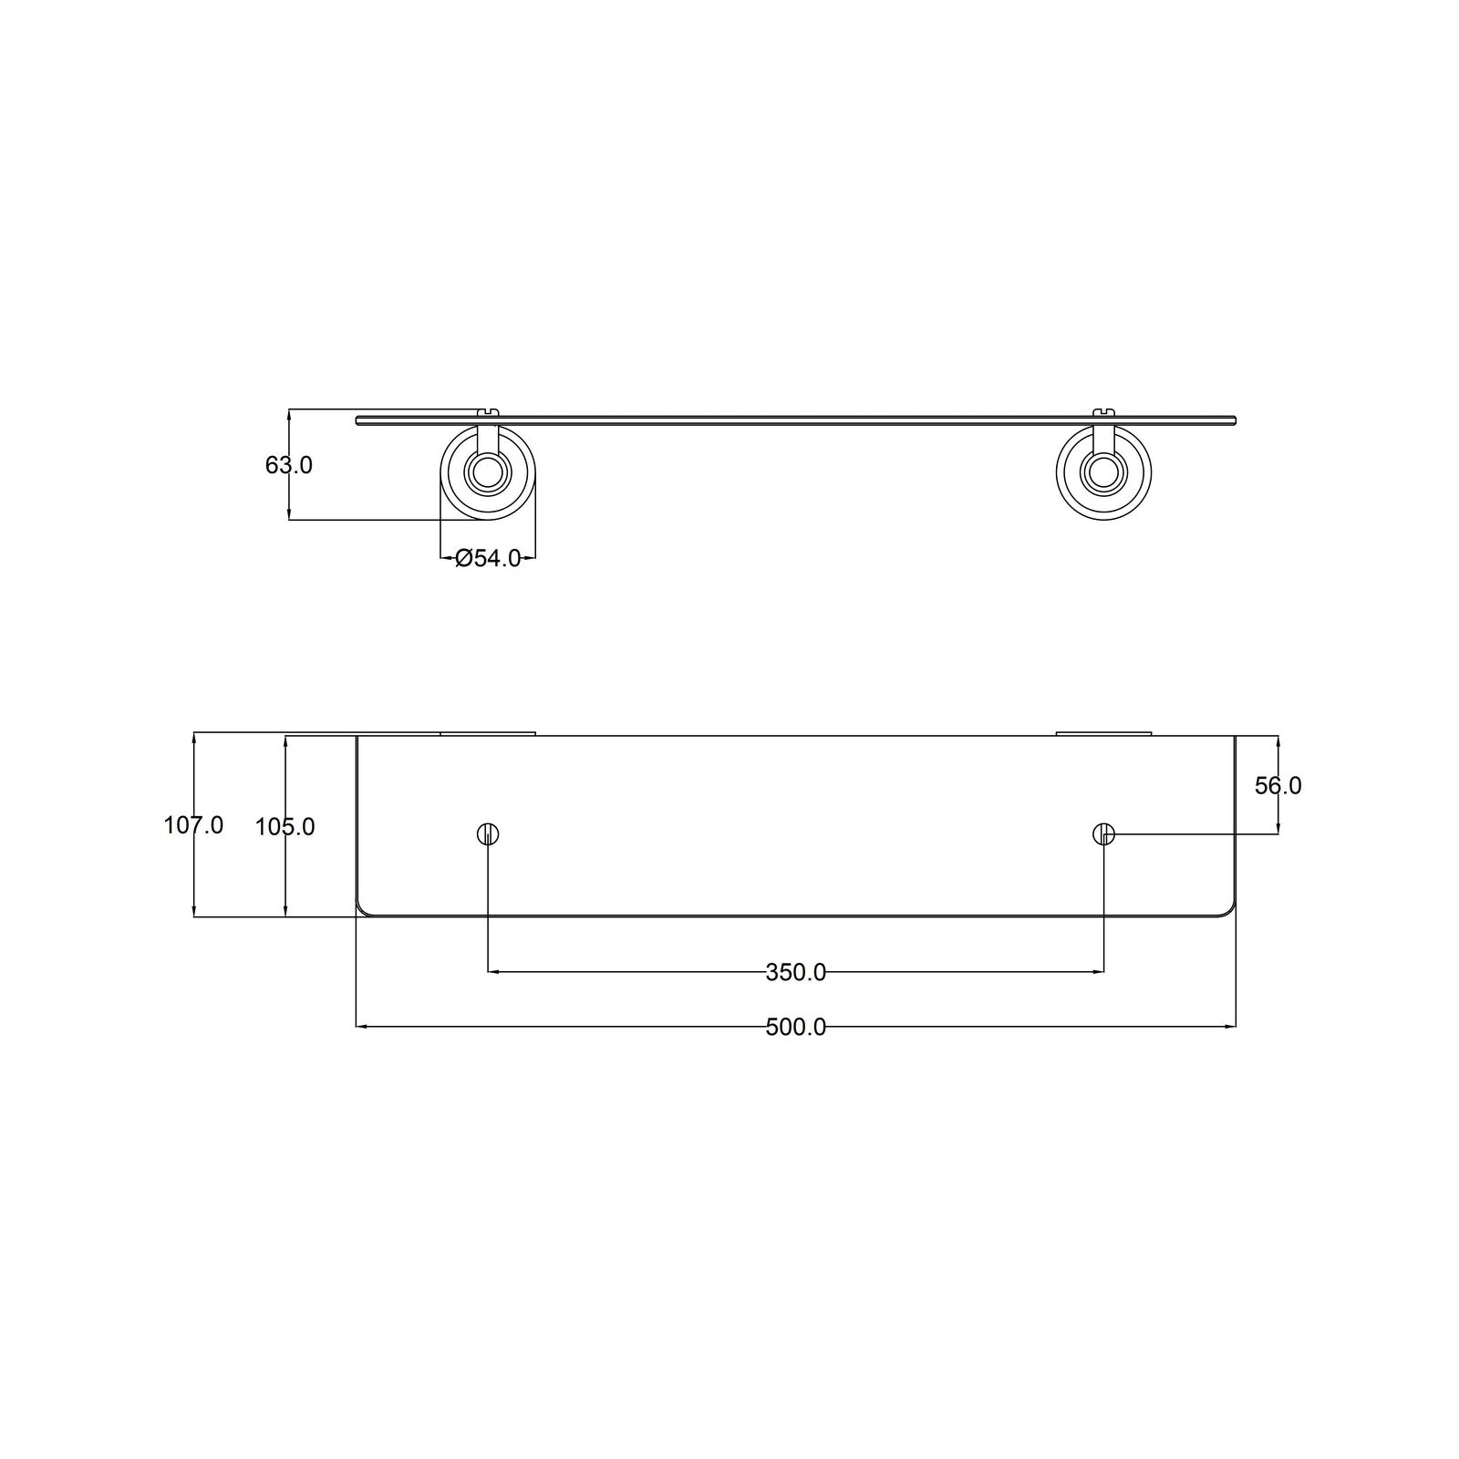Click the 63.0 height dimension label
[x=289, y=465]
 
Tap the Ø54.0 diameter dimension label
[x=488, y=558]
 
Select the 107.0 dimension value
[x=193, y=825]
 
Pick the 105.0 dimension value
[x=285, y=826]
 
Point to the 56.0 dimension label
[x=1278, y=785]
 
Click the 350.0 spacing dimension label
[x=795, y=972]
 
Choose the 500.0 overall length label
[x=795, y=1027]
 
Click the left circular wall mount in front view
[x=488, y=471]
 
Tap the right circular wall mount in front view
[x=1103, y=471]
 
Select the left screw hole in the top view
[x=488, y=833]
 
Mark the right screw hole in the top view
[x=1103, y=833]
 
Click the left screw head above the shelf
[x=490, y=412]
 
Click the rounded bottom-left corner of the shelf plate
[x=362, y=910]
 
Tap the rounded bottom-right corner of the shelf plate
[x=1230, y=910]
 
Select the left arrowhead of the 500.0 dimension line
[x=361, y=1027]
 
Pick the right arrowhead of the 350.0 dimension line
[x=1099, y=972]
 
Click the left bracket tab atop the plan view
[x=488, y=732]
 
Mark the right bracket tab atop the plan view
[x=1103, y=732]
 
